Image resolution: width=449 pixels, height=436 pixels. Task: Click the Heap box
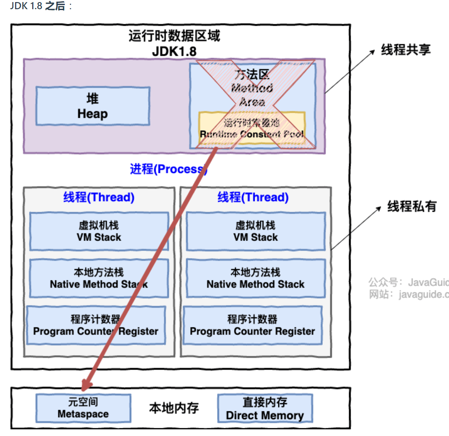coord(92,106)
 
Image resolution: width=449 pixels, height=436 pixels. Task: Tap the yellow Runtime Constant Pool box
coord(252,129)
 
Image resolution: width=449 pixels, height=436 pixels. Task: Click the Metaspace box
coord(83,408)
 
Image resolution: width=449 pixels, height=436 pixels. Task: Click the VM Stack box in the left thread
coord(99,231)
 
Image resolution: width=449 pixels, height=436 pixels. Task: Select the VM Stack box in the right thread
coord(255,231)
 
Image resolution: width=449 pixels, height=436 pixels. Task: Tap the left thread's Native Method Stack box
coord(99,278)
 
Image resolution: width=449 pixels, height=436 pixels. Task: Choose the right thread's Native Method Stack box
coord(255,278)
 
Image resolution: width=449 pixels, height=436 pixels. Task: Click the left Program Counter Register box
coord(96,325)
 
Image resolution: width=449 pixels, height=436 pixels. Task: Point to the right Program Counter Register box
coord(252,325)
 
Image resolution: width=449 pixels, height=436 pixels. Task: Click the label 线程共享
coord(406,50)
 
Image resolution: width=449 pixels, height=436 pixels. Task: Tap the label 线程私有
coord(411,206)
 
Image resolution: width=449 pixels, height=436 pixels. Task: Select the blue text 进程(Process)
coord(168,169)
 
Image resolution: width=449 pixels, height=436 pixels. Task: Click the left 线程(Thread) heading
coord(99,197)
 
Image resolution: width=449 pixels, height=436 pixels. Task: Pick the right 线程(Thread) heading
coord(253,197)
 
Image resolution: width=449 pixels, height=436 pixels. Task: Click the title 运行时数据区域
coord(174,36)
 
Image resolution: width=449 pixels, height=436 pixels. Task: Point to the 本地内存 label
coord(174,408)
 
